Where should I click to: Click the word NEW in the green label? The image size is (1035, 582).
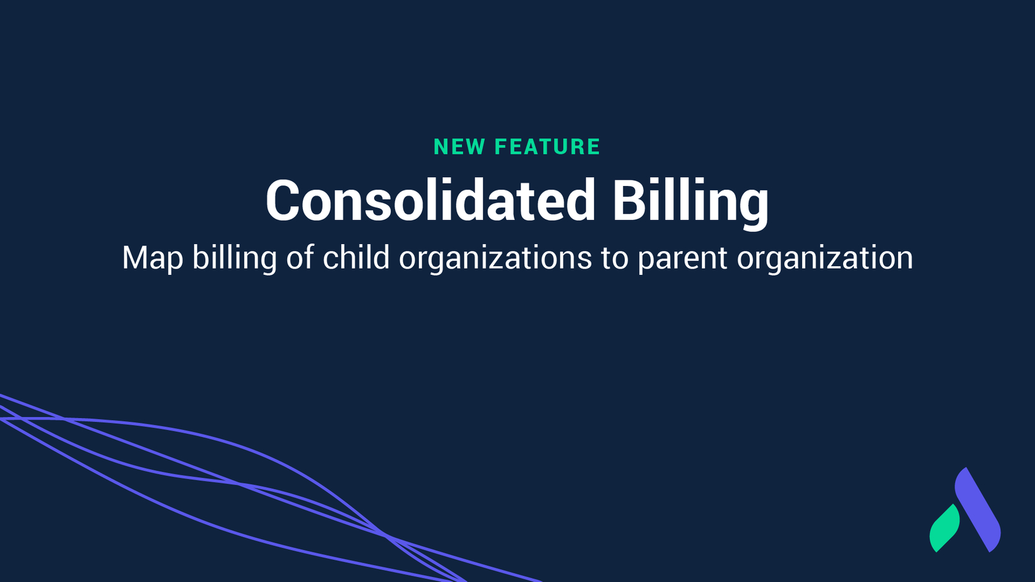tap(459, 147)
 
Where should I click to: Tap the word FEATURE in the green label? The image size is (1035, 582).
tap(547, 147)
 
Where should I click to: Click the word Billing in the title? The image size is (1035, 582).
tap(691, 203)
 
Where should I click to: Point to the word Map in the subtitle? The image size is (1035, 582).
tap(153, 259)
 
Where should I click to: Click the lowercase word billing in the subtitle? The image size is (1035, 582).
tap(235, 259)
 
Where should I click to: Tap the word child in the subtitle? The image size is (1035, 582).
tap(356, 257)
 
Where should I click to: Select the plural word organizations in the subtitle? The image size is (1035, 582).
tap(495, 259)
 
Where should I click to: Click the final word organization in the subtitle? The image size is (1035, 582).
tap(825, 259)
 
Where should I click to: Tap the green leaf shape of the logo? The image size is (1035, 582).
tap(944, 528)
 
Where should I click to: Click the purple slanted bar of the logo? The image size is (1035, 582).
tap(978, 509)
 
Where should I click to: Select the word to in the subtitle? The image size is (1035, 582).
tap(615, 259)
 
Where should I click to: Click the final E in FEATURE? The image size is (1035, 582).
tap(594, 147)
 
